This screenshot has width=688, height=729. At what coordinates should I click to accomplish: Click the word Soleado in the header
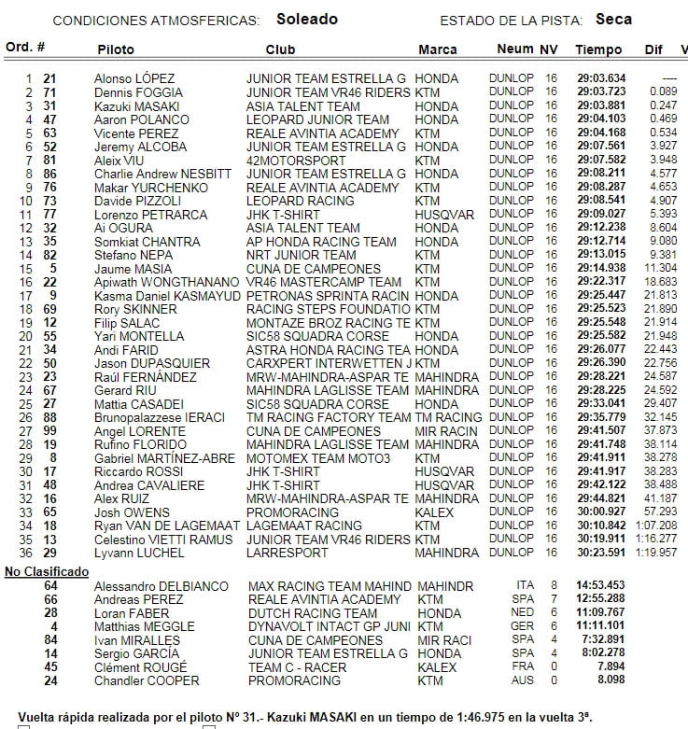307,19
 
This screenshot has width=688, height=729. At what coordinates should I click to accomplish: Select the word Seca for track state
613,19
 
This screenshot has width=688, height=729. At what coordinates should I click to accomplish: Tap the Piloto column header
114,49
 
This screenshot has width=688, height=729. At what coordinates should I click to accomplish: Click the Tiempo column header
598,49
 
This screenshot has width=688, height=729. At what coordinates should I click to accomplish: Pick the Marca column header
437,49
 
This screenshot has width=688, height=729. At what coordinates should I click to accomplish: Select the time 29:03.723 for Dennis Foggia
602,92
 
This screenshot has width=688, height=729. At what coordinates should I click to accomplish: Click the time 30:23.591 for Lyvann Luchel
602,553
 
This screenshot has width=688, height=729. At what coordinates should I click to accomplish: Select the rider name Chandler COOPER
147,680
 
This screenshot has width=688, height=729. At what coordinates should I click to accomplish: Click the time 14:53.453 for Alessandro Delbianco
602,586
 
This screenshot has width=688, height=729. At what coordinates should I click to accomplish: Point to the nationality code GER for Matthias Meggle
525,626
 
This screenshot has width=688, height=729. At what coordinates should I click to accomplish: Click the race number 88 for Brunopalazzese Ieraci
49,417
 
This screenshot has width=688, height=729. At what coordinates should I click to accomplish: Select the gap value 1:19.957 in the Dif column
657,553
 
